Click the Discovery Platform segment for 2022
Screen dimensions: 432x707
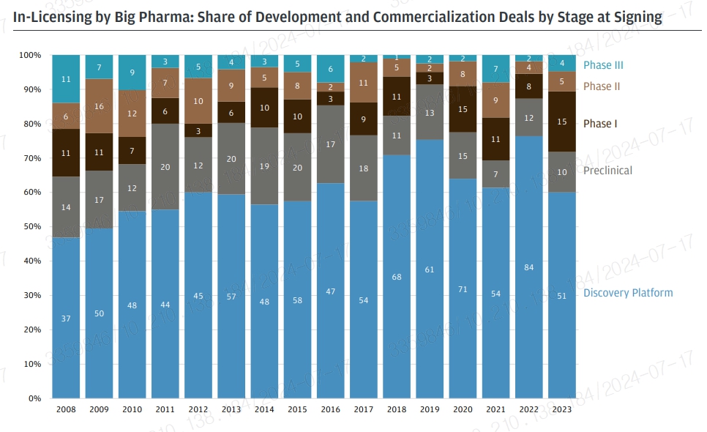tap(528, 267)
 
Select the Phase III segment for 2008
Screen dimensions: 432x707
tap(66, 79)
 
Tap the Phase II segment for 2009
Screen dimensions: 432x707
tap(99, 106)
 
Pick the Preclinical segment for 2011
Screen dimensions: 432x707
tap(165, 167)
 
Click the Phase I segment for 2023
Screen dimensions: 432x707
tap(562, 122)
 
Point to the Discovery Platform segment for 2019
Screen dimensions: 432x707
tap(430, 269)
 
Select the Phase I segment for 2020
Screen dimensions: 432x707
tap(463, 109)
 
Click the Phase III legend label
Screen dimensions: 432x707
tap(602, 65)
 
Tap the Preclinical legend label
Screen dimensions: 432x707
tap(607, 171)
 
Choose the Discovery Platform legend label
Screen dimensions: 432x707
tap(627, 293)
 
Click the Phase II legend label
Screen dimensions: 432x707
tap(602, 86)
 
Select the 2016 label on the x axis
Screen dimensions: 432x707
tap(330, 409)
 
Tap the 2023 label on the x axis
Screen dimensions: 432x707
tap(562, 409)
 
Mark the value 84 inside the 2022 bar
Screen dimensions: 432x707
tap(528, 267)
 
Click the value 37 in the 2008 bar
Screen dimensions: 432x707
tap(66, 319)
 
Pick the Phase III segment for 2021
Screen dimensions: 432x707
tap(495, 69)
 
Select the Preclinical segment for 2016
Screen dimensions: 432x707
tap(330, 144)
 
